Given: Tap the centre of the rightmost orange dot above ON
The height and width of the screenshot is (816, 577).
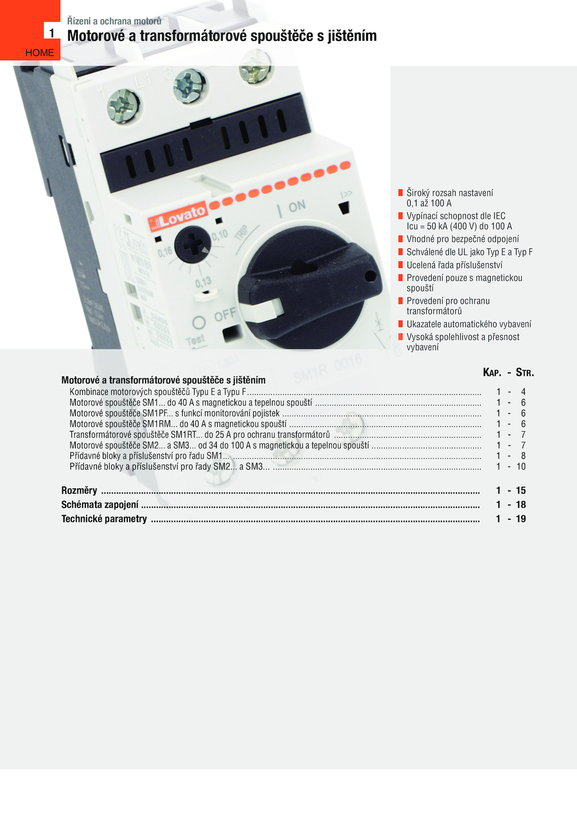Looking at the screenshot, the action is coord(345,166).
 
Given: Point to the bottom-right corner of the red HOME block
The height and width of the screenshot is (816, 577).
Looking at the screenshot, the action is coord(60,60).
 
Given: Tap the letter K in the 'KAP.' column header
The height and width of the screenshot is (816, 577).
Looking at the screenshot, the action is coord(486,372).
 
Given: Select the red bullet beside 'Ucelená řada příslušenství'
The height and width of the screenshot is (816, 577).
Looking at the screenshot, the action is coord(400,265).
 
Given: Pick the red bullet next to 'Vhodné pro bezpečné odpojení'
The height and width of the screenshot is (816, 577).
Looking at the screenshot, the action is coord(400,239).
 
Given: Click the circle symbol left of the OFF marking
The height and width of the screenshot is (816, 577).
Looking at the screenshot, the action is coord(199,322).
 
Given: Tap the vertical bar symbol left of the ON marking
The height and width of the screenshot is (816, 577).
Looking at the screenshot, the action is coord(280,211).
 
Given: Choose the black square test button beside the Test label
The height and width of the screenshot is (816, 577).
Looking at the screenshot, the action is coord(232,333).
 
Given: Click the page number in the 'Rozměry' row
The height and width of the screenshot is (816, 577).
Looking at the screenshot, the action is coord(521,490).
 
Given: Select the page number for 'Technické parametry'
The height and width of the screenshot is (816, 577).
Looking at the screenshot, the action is coord(521,519).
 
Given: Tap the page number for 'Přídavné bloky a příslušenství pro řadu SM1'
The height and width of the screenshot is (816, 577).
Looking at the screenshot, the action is coord(523,456).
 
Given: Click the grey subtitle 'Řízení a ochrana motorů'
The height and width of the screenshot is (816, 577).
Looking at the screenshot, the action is coord(114,21).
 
